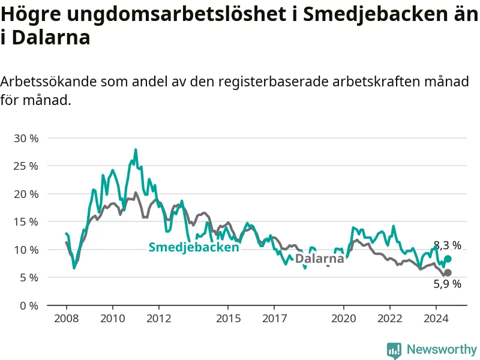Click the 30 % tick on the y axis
(x=26, y=139)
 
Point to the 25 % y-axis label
(x=26, y=166)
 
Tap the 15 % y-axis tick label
(x=26, y=222)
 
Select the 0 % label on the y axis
(x=29, y=306)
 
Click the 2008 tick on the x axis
(x=67, y=319)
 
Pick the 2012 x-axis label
(x=159, y=319)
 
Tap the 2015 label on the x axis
(x=229, y=319)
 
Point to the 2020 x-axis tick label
(x=344, y=319)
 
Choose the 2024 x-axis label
(x=436, y=319)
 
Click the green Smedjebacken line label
(x=194, y=247)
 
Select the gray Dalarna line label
(x=320, y=259)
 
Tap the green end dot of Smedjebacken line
(x=448, y=259)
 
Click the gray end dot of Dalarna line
(x=448, y=272)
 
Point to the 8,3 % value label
(x=448, y=245)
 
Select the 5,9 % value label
(x=448, y=284)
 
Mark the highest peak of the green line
(x=136, y=149)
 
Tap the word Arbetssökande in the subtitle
(x=47, y=82)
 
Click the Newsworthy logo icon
(x=394, y=350)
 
